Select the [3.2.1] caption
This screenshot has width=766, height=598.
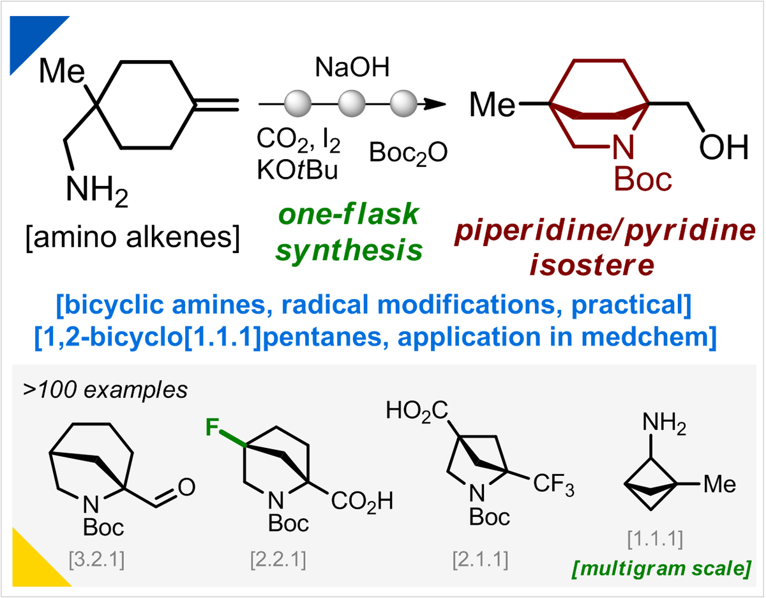pyautogui.click(x=96, y=560)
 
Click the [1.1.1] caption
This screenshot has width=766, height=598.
pyautogui.click(x=655, y=540)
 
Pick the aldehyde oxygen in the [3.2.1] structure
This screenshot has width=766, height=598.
pyautogui.click(x=186, y=488)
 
